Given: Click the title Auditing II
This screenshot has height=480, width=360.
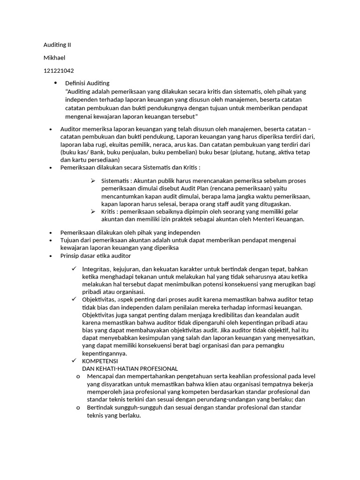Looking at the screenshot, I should [x=57, y=45].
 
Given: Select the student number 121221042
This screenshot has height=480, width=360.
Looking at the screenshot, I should [x=59, y=70].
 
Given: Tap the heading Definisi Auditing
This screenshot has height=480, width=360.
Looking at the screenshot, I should [x=87, y=83].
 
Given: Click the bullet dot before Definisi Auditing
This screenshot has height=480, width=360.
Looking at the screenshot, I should [x=55, y=83].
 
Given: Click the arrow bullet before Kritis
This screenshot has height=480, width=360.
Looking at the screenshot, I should [x=93, y=212].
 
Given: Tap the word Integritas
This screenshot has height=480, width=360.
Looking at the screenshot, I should [x=97, y=269].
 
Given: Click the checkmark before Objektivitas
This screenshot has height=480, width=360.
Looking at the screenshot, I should [x=74, y=299].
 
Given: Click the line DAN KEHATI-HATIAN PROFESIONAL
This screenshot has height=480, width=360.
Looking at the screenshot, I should [x=130, y=369].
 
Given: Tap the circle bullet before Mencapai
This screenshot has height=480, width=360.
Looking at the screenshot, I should [x=78, y=376].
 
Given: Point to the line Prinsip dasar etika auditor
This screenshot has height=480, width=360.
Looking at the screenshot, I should [x=96, y=255].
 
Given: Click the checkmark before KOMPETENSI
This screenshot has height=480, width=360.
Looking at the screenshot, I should [x=74, y=361].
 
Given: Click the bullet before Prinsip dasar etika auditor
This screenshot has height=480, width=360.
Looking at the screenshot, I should [x=51, y=256].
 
